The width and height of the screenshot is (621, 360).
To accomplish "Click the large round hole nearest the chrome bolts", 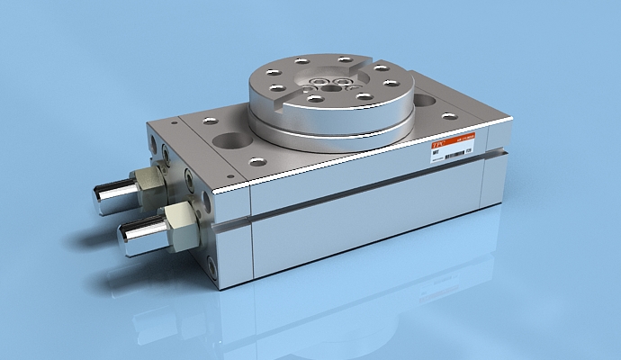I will tap(229, 141).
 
